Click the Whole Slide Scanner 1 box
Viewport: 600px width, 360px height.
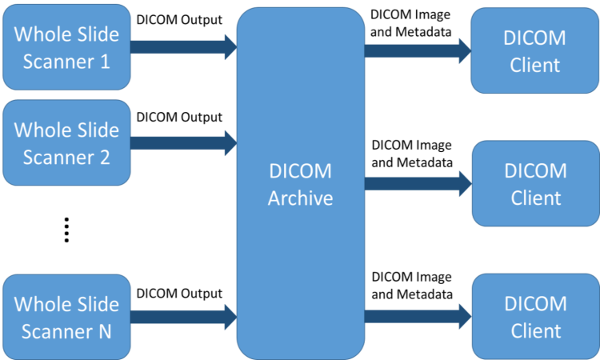tap(66, 46)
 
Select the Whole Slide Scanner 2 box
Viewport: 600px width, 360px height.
tap(66, 142)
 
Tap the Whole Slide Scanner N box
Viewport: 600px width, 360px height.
tap(66, 316)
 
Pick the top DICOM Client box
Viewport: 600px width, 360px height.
tap(534, 50)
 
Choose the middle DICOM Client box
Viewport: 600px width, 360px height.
tap(534, 183)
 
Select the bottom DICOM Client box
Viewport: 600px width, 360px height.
tap(534, 316)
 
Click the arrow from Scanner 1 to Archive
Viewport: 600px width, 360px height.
tap(182, 46)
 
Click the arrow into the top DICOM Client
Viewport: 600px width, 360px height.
tap(417, 50)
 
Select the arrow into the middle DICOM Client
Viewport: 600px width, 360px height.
tap(417, 184)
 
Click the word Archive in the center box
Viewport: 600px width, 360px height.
tap(300, 198)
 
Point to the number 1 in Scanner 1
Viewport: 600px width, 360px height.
tap(105, 61)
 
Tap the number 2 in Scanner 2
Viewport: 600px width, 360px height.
tap(105, 157)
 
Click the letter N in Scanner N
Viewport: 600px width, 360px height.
tap(104, 330)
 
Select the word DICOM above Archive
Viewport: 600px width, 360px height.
tap(300, 171)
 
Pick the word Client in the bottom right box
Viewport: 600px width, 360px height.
tap(534, 330)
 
